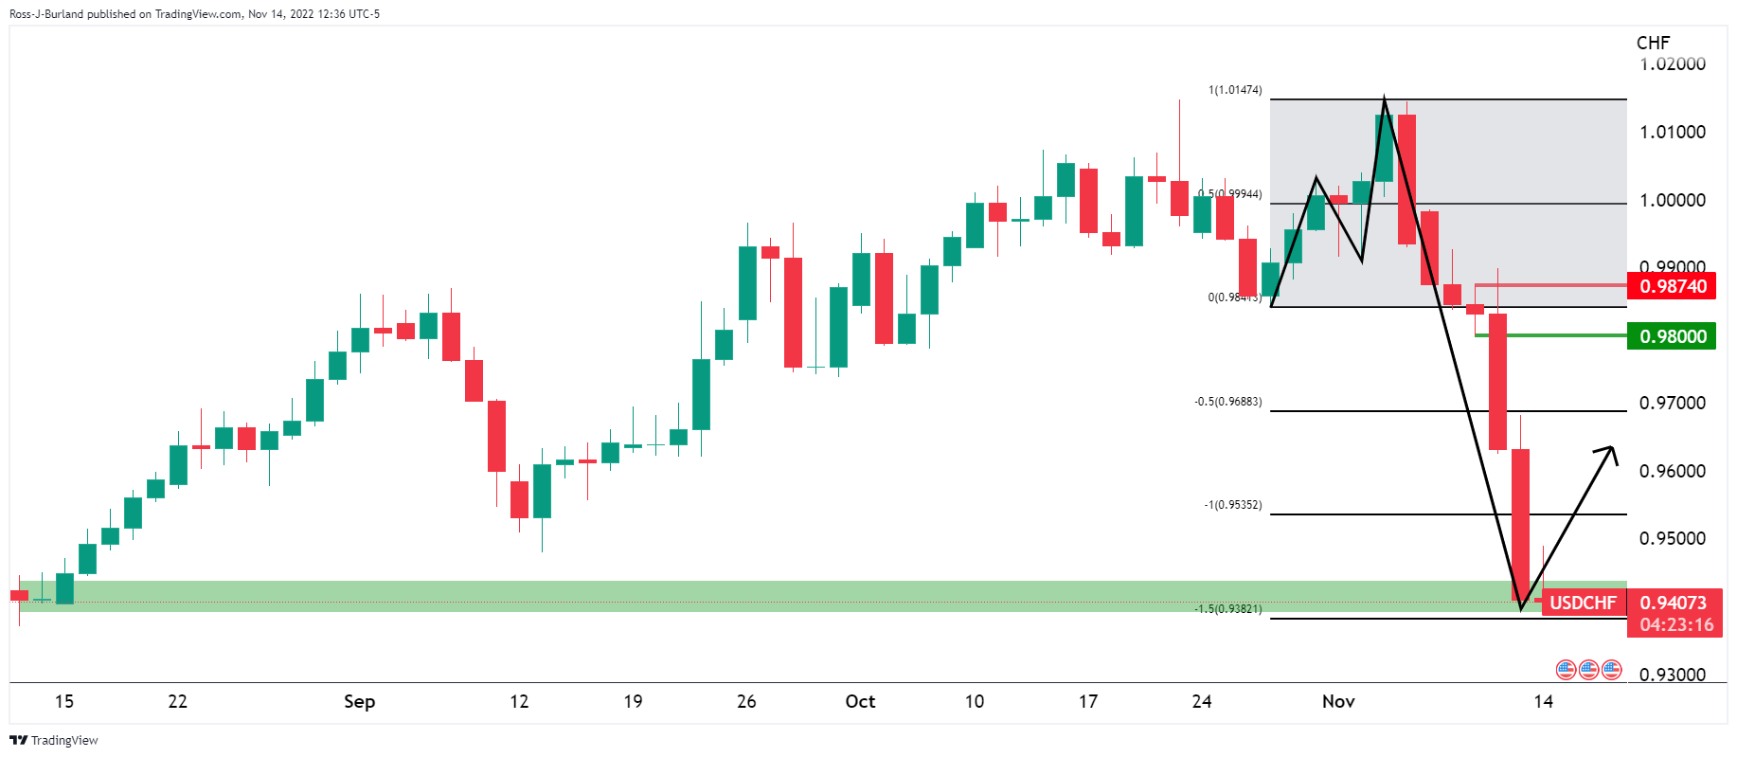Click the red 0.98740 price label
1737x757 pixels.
click(1672, 286)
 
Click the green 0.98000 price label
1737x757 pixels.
click(1672, 336)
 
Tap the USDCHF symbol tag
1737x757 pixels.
click(1583, 603)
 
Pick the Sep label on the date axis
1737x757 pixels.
click(359, 701)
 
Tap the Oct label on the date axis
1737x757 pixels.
click(860, 701)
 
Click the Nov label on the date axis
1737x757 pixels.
click(1338, 701)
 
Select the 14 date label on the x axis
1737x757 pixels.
click(1544, 701)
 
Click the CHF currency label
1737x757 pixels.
click(1653, 43)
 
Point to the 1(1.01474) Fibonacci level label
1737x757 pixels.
click(1235, 90)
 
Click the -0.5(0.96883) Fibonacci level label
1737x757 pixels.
click(1228, 402)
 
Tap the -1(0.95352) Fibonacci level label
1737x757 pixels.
click(1233, 505)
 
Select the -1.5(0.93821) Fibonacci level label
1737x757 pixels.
click(1228, 608)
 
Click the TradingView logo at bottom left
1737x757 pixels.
click(54, 740)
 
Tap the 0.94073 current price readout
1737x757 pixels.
click(1673, 603)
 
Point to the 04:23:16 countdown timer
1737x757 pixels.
click(1676, 625)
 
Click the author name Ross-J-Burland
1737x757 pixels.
click(45, 14)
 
